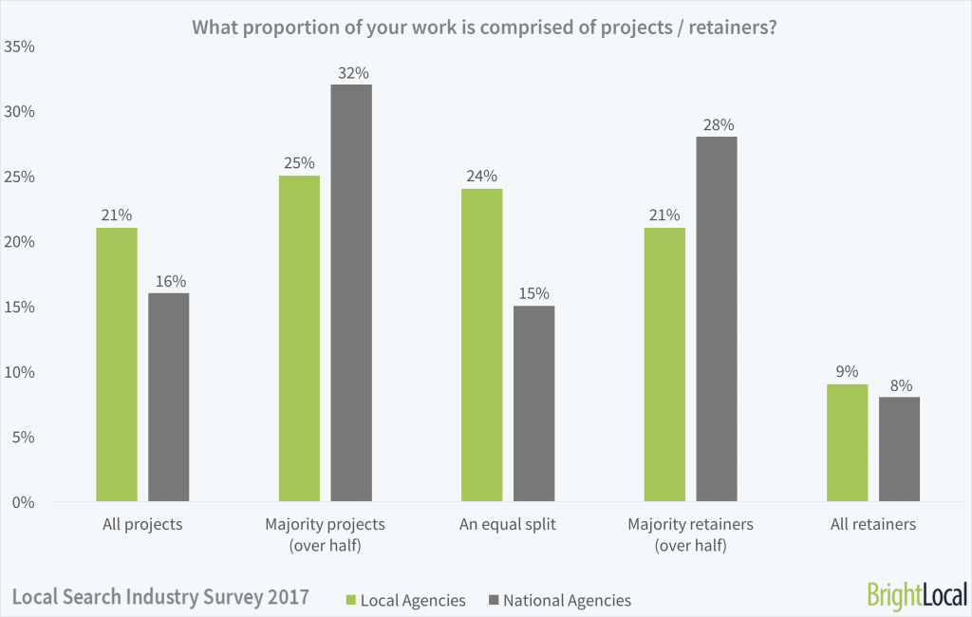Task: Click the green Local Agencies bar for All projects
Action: pyautogui.click(x=117, y=365)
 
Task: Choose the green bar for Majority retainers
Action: pyautogui.click(x=664, y=365)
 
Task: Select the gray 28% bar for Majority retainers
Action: pyautogui.click(x=717, y=319)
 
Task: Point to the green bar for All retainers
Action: pyautogui.click(x=847, y=442)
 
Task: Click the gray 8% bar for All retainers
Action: pyautogui.click(x=899, y=449)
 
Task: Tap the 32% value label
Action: pyautogui.click(x=351, y=72)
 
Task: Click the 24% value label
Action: pyautogui.click(x=481, y=177)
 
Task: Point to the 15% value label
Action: pyautogui.click(x=533, y=293)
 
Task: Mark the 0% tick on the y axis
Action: pyautogui.click(x=23, y=502)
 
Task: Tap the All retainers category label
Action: pyautogui.click(x=872, y=524)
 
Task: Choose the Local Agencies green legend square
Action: pyautogui.click(x=349, y=600)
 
